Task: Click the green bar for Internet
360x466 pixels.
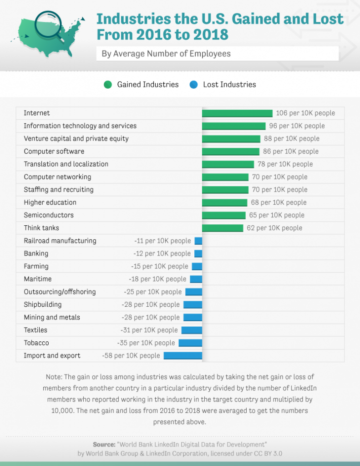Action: tap(237, 113)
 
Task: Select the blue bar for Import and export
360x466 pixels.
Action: tap(183, 356)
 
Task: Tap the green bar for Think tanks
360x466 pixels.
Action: tap(223, 228)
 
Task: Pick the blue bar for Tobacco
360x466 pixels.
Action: tap(190, 343)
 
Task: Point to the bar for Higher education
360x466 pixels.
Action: tap(224, 203)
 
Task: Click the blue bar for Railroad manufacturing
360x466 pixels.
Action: tap(198, 241)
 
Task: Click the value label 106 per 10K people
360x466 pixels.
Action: tap(305, 113)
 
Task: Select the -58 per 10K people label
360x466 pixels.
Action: tap(131, 356)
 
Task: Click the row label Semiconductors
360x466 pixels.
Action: tap(49, 215)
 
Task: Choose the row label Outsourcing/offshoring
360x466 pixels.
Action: tap(60, 292)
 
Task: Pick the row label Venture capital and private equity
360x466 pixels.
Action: tap(76, 139)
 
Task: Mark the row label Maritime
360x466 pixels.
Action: tap(38, 279)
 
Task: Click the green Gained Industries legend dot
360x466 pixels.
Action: tap(108, 85)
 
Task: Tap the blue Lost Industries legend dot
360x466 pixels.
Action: tap(194, 85)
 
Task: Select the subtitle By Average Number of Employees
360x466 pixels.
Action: tap(166, 54)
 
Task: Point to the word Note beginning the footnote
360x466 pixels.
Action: tap(53, 377)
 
